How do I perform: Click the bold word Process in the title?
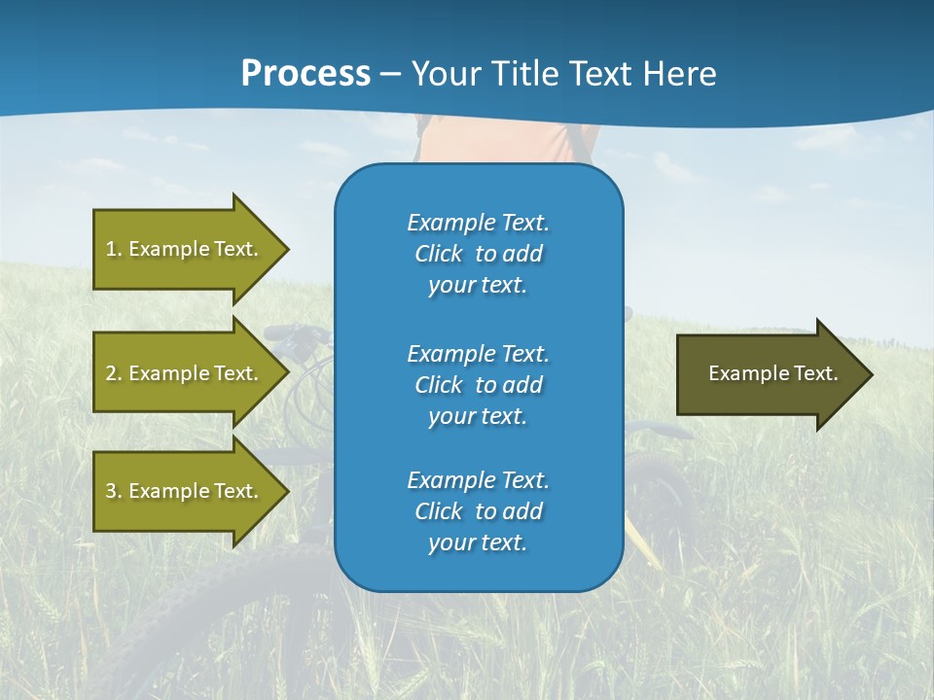tap(305, 74)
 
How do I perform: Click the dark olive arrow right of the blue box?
tap(769, 374)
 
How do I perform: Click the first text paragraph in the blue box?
tap(478, 254)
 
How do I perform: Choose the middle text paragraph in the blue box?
tap(478, 385)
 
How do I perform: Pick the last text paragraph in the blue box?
tap(478, 511)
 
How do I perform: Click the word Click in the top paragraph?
tap(438, 254)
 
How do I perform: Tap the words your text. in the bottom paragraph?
tap(478, 542)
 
